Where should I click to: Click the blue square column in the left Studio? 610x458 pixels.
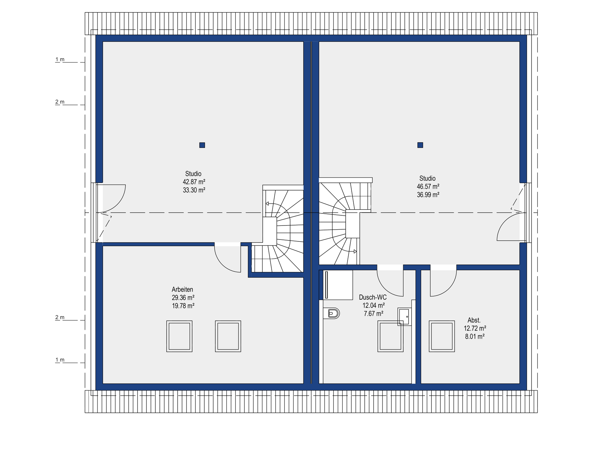point(202,145)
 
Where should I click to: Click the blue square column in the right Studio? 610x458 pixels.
point(420,145)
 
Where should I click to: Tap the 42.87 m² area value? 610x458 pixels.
point(194,182)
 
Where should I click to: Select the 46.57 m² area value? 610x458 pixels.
point(428,186)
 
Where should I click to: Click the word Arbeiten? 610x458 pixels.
point(182,289)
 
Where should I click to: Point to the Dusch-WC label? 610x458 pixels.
point(373,297)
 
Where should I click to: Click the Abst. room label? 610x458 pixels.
point(474,320)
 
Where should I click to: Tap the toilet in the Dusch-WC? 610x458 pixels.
point(331,313)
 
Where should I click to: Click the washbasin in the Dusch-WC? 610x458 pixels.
point(404,316)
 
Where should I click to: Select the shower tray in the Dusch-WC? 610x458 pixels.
point(338,285)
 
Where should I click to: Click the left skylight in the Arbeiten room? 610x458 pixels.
point(180,336)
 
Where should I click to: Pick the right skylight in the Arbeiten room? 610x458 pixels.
point(228,336)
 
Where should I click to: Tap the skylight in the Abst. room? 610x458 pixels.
point(442,336)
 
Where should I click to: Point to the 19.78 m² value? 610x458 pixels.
point(183,306)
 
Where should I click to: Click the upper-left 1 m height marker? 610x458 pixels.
point(60,59)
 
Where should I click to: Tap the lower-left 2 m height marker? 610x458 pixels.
point(60,317)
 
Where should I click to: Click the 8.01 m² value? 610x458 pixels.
point(475,337)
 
